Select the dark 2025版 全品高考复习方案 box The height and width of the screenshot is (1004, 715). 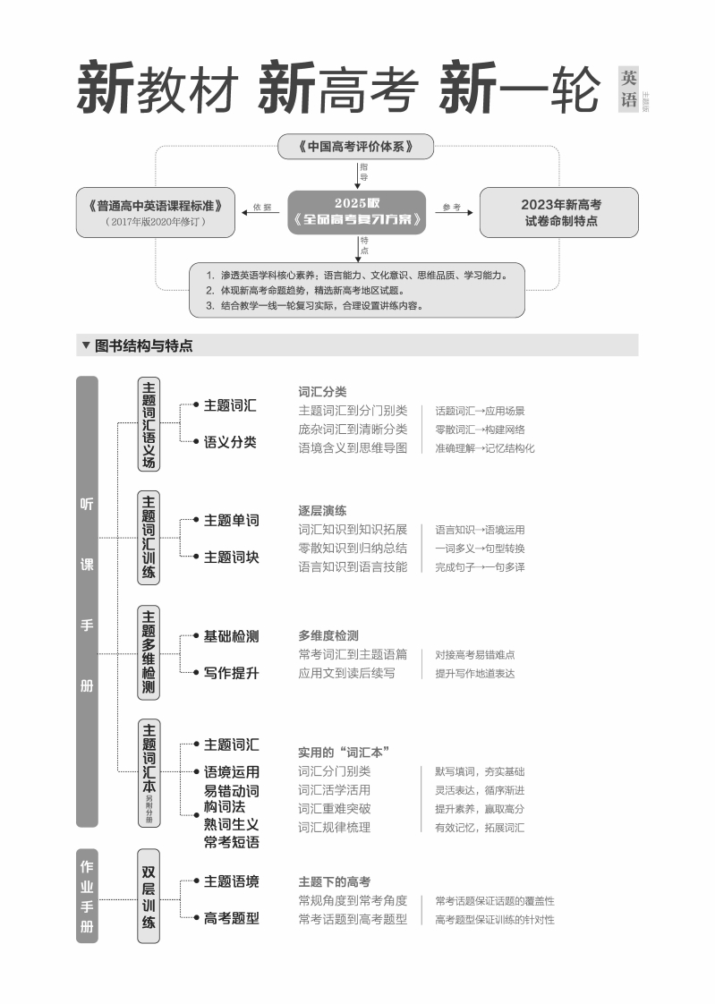click(x=356, y=211)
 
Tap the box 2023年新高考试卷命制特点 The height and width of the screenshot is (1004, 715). click(x=558, y=212)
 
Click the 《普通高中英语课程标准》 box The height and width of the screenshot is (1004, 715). click(x=157, y=212)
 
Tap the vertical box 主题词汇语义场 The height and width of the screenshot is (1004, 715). click(x=149, y=424)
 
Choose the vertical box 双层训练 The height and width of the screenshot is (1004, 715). click(x=149, y=895)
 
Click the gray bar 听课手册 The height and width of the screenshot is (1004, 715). click(x=87, y=601)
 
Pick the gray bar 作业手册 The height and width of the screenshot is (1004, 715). click(x=87, y=896)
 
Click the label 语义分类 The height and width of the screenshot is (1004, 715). click(x=230, y=441)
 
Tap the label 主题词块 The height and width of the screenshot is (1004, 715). click(x=231, y=557)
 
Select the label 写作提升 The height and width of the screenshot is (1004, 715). click(x=231, y=672)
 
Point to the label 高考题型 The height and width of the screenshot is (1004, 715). click(x=231, y=917)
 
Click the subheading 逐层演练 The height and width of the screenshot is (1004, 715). click(x=322, y=510)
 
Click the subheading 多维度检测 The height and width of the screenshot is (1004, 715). click(x=328, y=635)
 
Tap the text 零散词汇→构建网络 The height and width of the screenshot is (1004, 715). click(x=480, y=430)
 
